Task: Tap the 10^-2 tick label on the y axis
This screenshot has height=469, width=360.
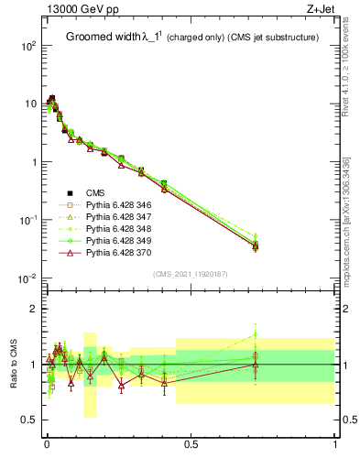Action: pyautogui.click(x=27, y=278)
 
